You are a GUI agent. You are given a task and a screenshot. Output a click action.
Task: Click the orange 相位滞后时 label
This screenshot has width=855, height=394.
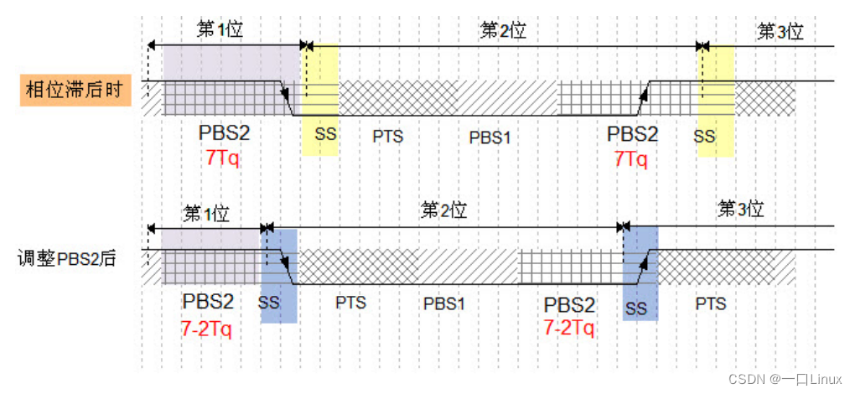[76, 90]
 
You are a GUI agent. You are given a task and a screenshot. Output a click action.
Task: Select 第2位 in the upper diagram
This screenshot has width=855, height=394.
[503, 31]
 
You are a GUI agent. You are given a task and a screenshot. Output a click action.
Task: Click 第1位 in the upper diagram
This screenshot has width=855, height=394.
[220, 30]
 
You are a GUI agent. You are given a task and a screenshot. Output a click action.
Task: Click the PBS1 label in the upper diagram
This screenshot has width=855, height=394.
[490, 137]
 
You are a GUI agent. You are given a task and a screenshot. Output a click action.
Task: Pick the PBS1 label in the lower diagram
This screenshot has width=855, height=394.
[444, 304]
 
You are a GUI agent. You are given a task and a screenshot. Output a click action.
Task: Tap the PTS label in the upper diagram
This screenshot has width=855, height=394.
[388, 137]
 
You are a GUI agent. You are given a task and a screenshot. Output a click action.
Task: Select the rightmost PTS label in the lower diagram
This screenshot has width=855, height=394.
[711, 303]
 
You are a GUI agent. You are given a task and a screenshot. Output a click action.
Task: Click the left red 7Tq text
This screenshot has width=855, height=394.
[222, 158]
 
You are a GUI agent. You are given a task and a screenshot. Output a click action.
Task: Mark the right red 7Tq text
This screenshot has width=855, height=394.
[631, 158]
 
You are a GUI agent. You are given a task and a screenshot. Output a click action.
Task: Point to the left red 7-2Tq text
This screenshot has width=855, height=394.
[205, 328]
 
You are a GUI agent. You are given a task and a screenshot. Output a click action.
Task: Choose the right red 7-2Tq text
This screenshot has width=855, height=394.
[568, 327]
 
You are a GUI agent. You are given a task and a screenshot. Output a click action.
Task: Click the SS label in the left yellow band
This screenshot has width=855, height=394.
[325, 134]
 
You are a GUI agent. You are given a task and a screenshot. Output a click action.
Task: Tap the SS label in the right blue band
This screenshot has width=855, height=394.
[635, 309]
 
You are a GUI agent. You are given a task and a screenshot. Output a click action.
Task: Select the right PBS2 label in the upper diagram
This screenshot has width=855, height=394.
[633, 134]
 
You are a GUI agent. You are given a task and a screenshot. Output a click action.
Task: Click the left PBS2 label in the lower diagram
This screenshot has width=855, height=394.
[208, 302]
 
